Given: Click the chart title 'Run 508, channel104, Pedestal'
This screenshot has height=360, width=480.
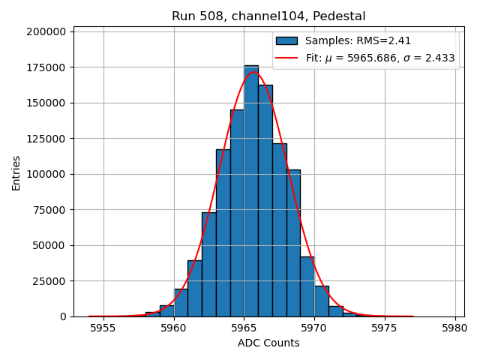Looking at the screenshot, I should (x=268, y=16).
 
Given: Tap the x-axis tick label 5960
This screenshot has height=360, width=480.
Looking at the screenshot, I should (x=174, y=328).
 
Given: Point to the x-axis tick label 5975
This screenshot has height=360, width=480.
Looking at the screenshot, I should (x=385, y=328).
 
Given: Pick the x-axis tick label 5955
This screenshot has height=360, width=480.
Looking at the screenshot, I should (x=103, y=328).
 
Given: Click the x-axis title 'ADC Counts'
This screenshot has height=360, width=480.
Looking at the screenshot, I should (x=268, y=343).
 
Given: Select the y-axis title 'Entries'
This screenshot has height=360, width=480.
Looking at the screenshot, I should (x=16, y=173).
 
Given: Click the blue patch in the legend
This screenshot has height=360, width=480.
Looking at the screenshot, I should (x=286, y=41).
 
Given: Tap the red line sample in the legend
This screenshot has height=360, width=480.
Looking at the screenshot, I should (x=286, y=58).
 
